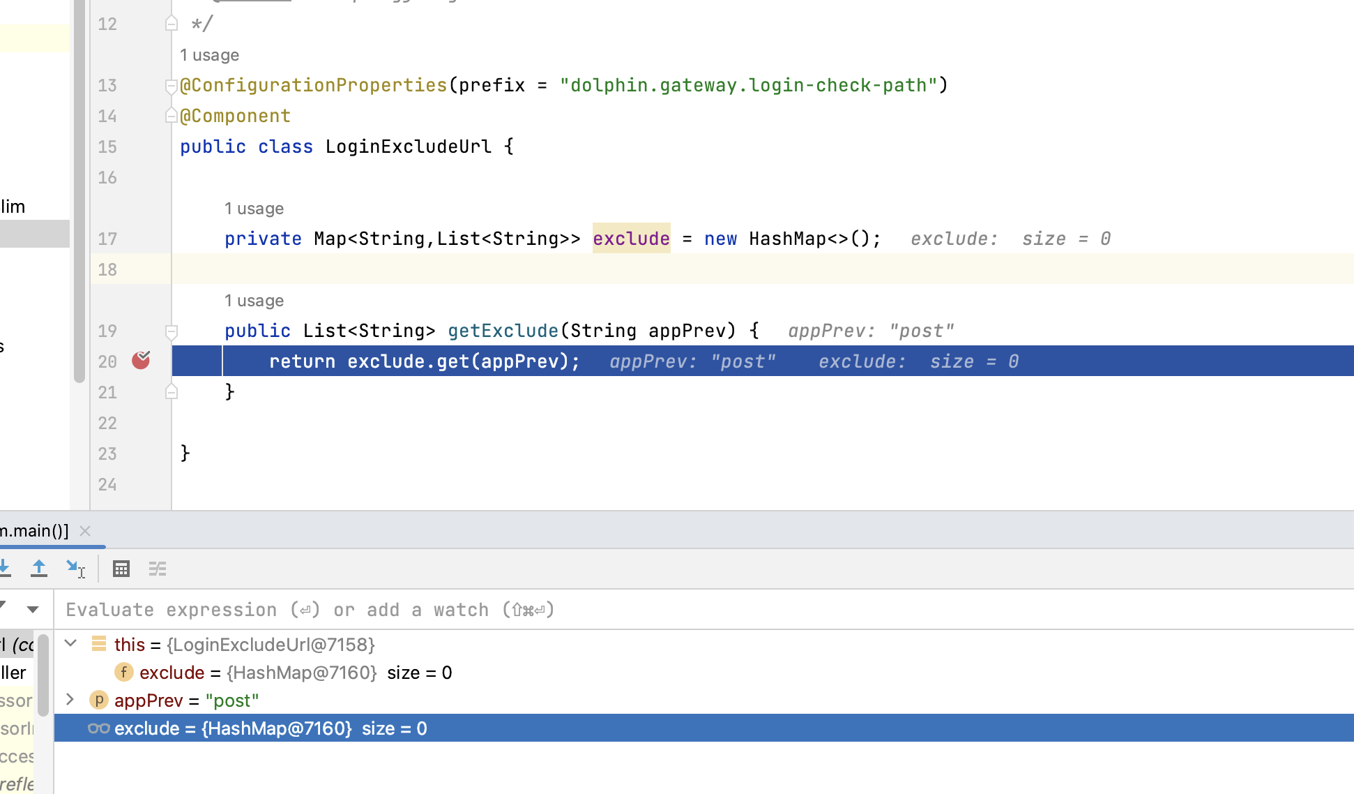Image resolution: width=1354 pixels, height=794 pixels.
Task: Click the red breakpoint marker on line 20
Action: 141,360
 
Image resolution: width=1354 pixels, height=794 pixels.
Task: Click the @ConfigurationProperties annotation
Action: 313,85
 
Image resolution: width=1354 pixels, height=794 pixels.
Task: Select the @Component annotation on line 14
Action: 235,116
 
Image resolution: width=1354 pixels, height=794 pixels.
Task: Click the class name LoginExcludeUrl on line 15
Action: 408,147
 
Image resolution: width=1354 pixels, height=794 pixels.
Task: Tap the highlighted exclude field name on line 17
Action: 631,239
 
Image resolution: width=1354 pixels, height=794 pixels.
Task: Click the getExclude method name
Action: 503,331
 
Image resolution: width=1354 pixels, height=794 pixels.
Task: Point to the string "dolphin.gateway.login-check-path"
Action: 748,85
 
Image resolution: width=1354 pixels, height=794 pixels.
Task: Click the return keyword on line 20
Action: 302,361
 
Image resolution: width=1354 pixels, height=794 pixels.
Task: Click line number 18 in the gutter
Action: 107,269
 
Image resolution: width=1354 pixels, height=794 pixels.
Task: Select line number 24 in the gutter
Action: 107,484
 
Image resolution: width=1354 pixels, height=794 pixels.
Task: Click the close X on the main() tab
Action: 85,531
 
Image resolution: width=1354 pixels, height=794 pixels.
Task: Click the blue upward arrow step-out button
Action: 39,569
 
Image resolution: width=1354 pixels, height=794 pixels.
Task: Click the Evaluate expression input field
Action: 627,610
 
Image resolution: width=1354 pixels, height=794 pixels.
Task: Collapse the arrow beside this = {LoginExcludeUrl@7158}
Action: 70,643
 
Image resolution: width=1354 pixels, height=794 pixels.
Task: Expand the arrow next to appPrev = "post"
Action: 70,699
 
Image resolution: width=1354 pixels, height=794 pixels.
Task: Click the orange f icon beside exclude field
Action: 123,672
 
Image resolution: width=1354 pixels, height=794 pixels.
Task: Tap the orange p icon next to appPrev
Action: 99,700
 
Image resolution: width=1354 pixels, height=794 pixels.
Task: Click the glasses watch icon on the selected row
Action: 98,728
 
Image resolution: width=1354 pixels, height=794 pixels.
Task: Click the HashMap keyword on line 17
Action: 787,239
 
